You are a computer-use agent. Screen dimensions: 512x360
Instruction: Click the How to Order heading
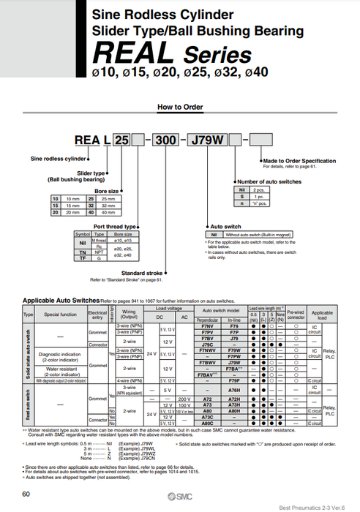(180, 107)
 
